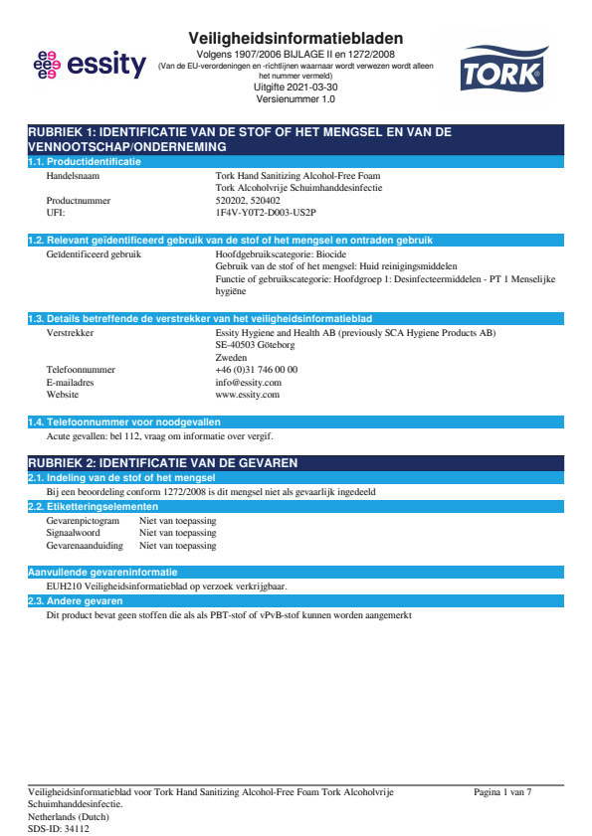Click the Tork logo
pyautogui.click(x=501, y=69)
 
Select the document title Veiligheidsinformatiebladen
pyautogui.click(x=296, y=38)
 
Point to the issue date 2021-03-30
pyautogui.click(x=296, y=87)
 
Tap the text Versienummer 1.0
pyautogui.click(x=296, y=99)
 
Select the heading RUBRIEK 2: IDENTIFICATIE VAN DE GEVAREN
pyautogui.click(x=162, y=463)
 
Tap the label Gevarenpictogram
pyautogui.click(x=84, y=520)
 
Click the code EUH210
pyautogui.click(x=65, y=586)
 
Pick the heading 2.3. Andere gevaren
pyautogui.click(x=75, y=601)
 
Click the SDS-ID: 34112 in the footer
pyautogui.click(x=59, y=828)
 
